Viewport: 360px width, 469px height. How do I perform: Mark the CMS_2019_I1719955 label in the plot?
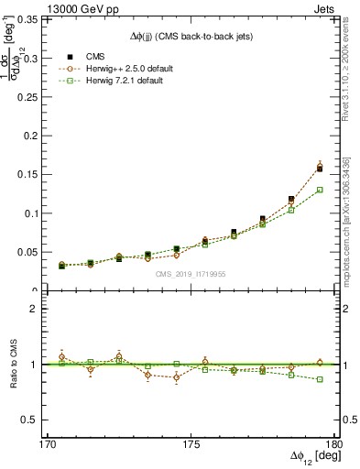[191, 273]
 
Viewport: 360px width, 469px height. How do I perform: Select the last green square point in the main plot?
[320, 190]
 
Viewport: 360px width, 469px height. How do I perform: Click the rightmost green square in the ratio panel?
[320, 379]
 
